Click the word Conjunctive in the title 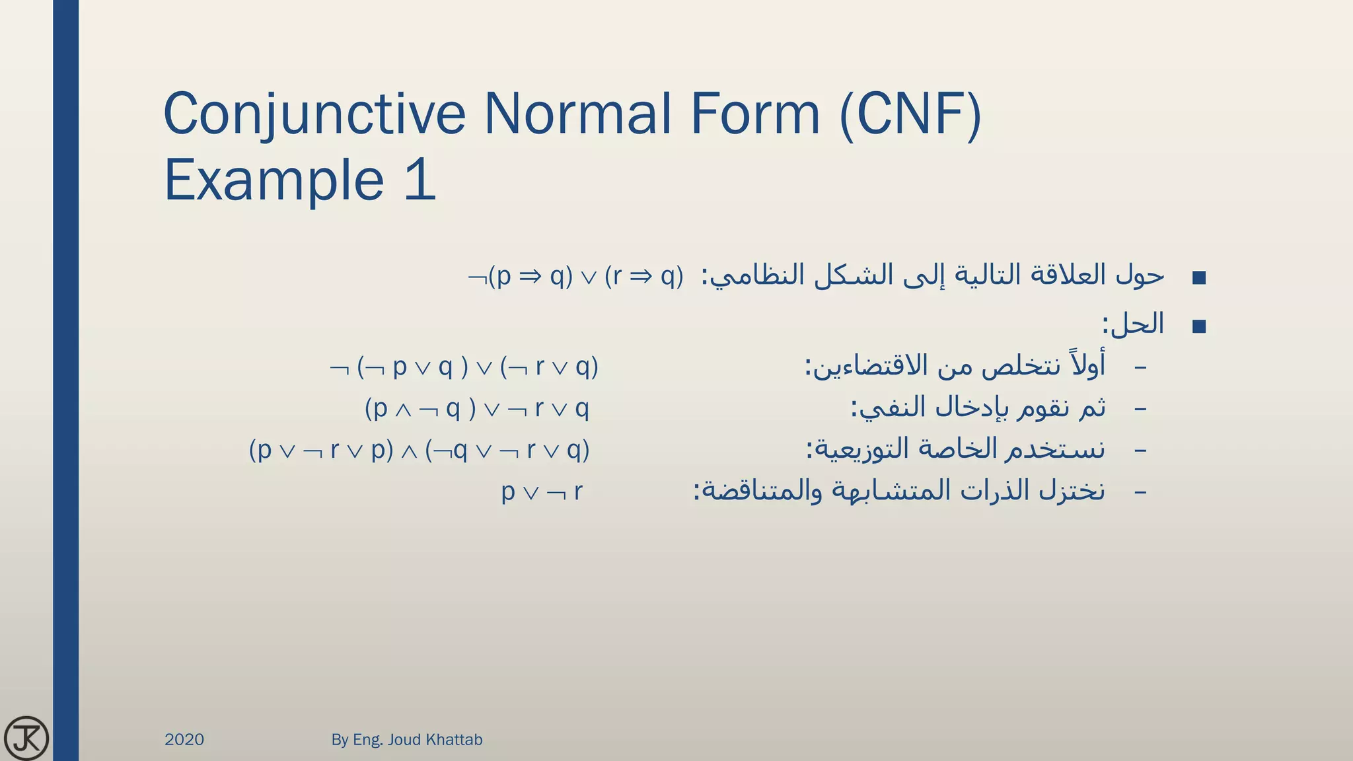(314, 114)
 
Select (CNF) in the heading (910, 114)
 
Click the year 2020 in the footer (184, 739)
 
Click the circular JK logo (26, 738)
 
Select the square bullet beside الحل (1199, 326)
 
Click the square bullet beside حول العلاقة (1199, 277)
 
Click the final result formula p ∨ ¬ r (542, 491)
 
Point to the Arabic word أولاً (1085, 365)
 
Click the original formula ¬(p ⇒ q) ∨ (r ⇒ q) (575, 276)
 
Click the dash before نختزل (1140, 492)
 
